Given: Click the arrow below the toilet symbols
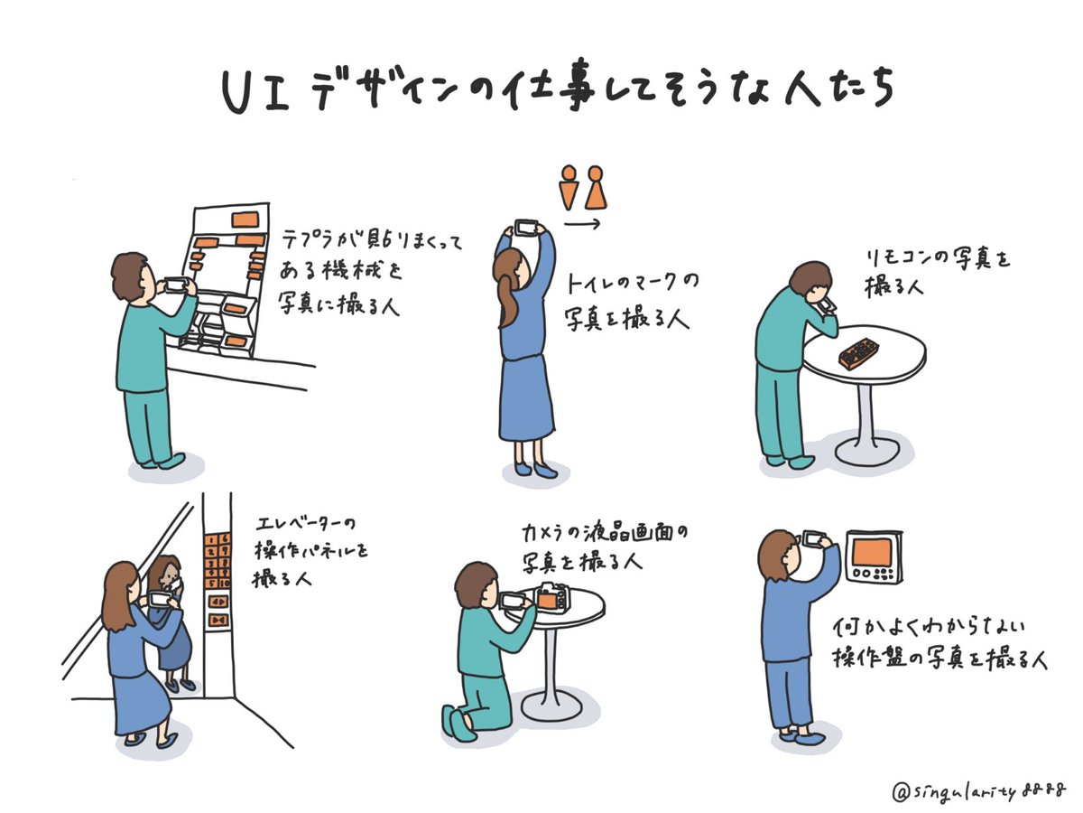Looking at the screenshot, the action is tap(583, 221).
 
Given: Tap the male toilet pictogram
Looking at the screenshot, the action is tap(569, 187).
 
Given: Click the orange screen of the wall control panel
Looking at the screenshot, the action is tap(874, 552).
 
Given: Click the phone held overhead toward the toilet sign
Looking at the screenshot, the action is tap(526, 226).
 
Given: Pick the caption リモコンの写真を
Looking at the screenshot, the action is tap(935, 259).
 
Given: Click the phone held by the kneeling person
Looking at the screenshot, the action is tap(513, 601).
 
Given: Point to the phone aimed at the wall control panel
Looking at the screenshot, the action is tap(816, 539).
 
